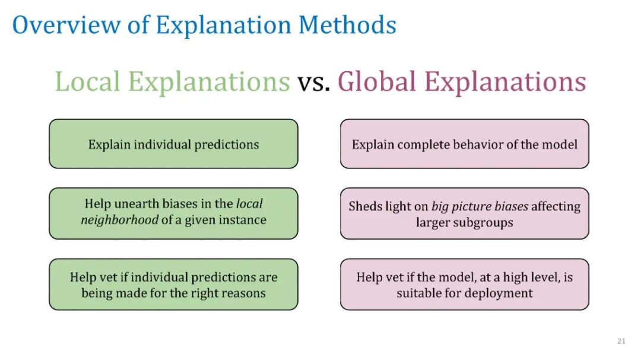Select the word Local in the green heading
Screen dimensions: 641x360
click(x=87, y=81)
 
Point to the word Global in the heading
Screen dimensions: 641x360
click(x=377, y=81)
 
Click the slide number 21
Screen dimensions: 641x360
click(x=621, y=341)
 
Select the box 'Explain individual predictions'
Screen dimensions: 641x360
click(x=173, y=144)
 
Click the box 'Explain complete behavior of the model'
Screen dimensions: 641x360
click(x=464, y=144)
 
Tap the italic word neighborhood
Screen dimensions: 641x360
click(x=119, y=220)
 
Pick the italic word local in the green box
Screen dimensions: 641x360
click(x=249, y=203)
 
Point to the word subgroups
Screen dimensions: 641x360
click(x=487, y=222)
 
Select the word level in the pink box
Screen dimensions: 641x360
click(x=541, y=277)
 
